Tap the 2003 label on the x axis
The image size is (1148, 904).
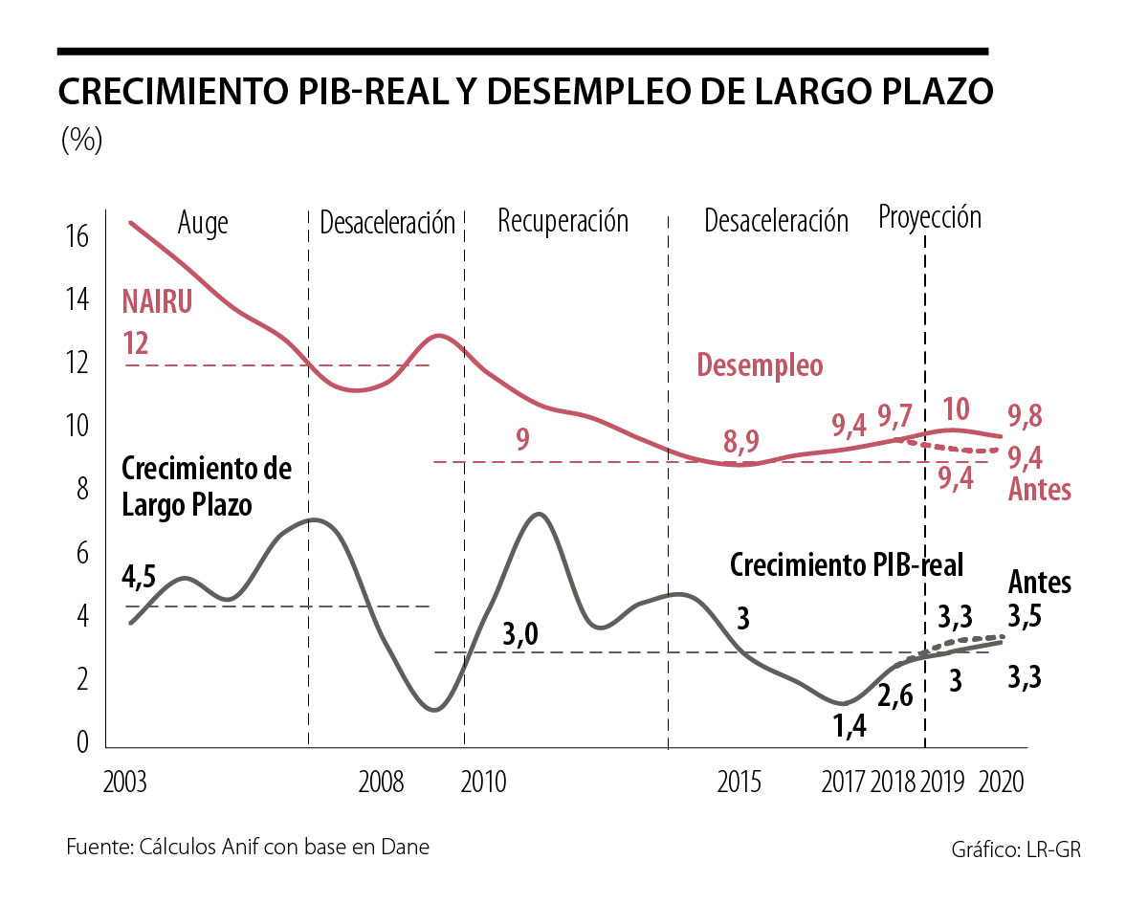pos(124,783)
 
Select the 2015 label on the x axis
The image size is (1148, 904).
pos(740,783)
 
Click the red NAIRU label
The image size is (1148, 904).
pos(157,302)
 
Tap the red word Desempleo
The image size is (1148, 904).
pos(760,366)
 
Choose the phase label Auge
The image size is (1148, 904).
pos(203,222)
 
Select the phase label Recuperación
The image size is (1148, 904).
pos(563,221)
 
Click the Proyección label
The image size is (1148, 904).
pos(930,218)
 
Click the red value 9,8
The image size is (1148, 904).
pos(1025,417)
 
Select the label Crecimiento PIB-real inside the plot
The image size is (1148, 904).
pos(847,564)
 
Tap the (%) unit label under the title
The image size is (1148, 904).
pos(81,141)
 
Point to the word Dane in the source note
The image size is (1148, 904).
pos(406,847)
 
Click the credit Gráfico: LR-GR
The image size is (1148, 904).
pos(1016,849)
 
